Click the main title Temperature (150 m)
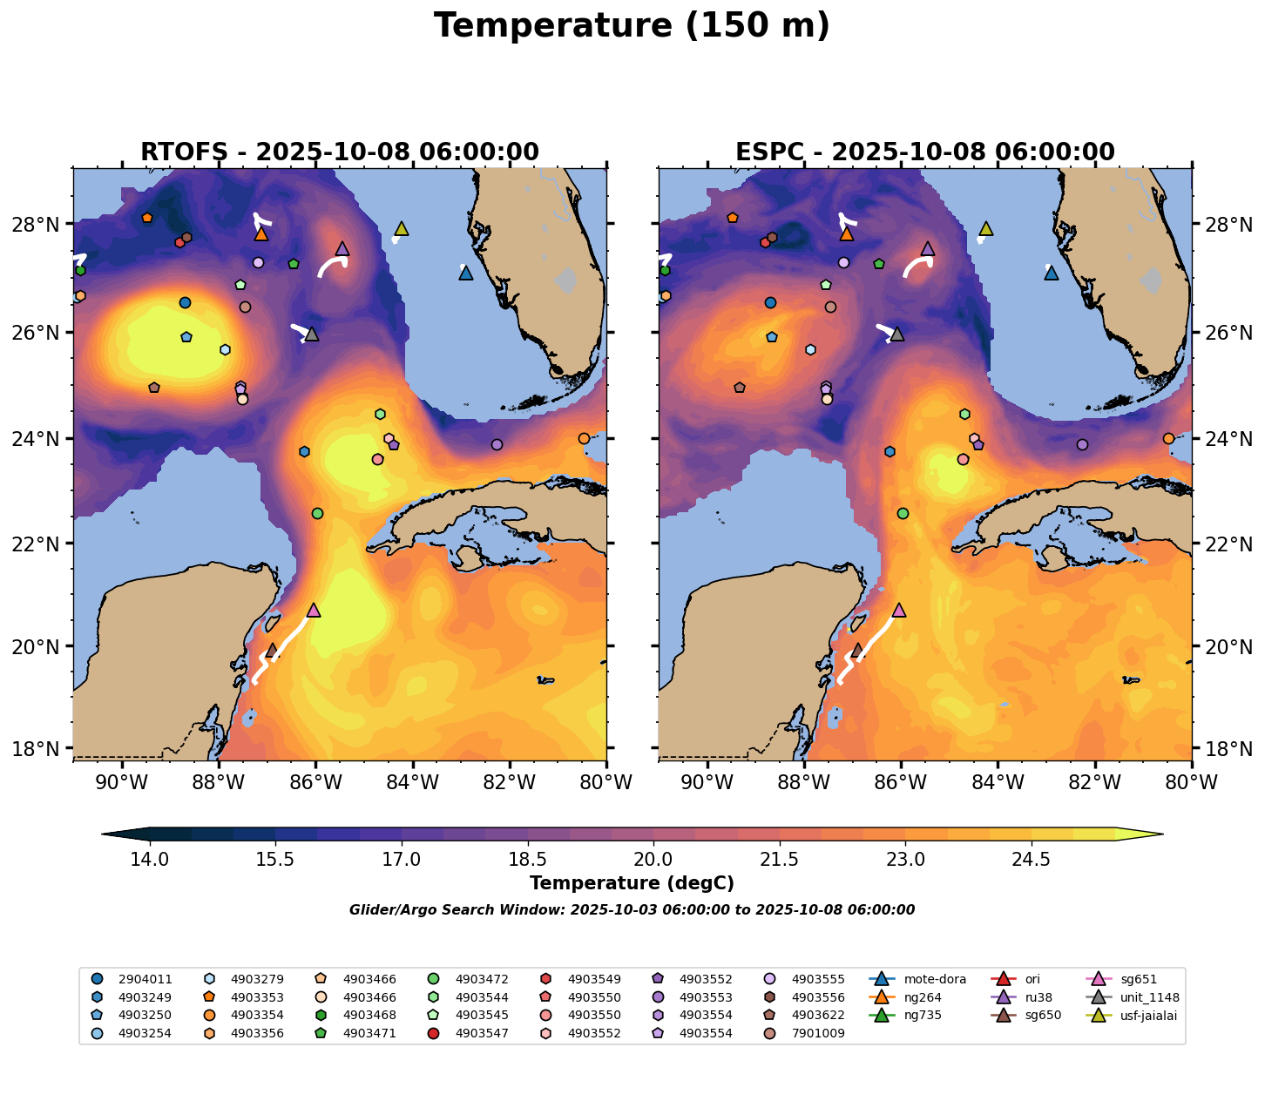pos(632,26)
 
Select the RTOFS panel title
pos(340,152)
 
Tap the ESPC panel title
pos(925,152)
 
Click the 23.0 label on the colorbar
pos(905,860)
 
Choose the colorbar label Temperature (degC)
pos(632,883)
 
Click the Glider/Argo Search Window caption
pos(632,910)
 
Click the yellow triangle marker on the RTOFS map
pos(402,229)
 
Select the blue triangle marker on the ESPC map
pos(1052,274)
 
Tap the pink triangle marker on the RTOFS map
pos(314,610)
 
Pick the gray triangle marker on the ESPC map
pos(897,334)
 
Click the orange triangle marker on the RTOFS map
pos(261,234)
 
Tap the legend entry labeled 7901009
pos(804,1033)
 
